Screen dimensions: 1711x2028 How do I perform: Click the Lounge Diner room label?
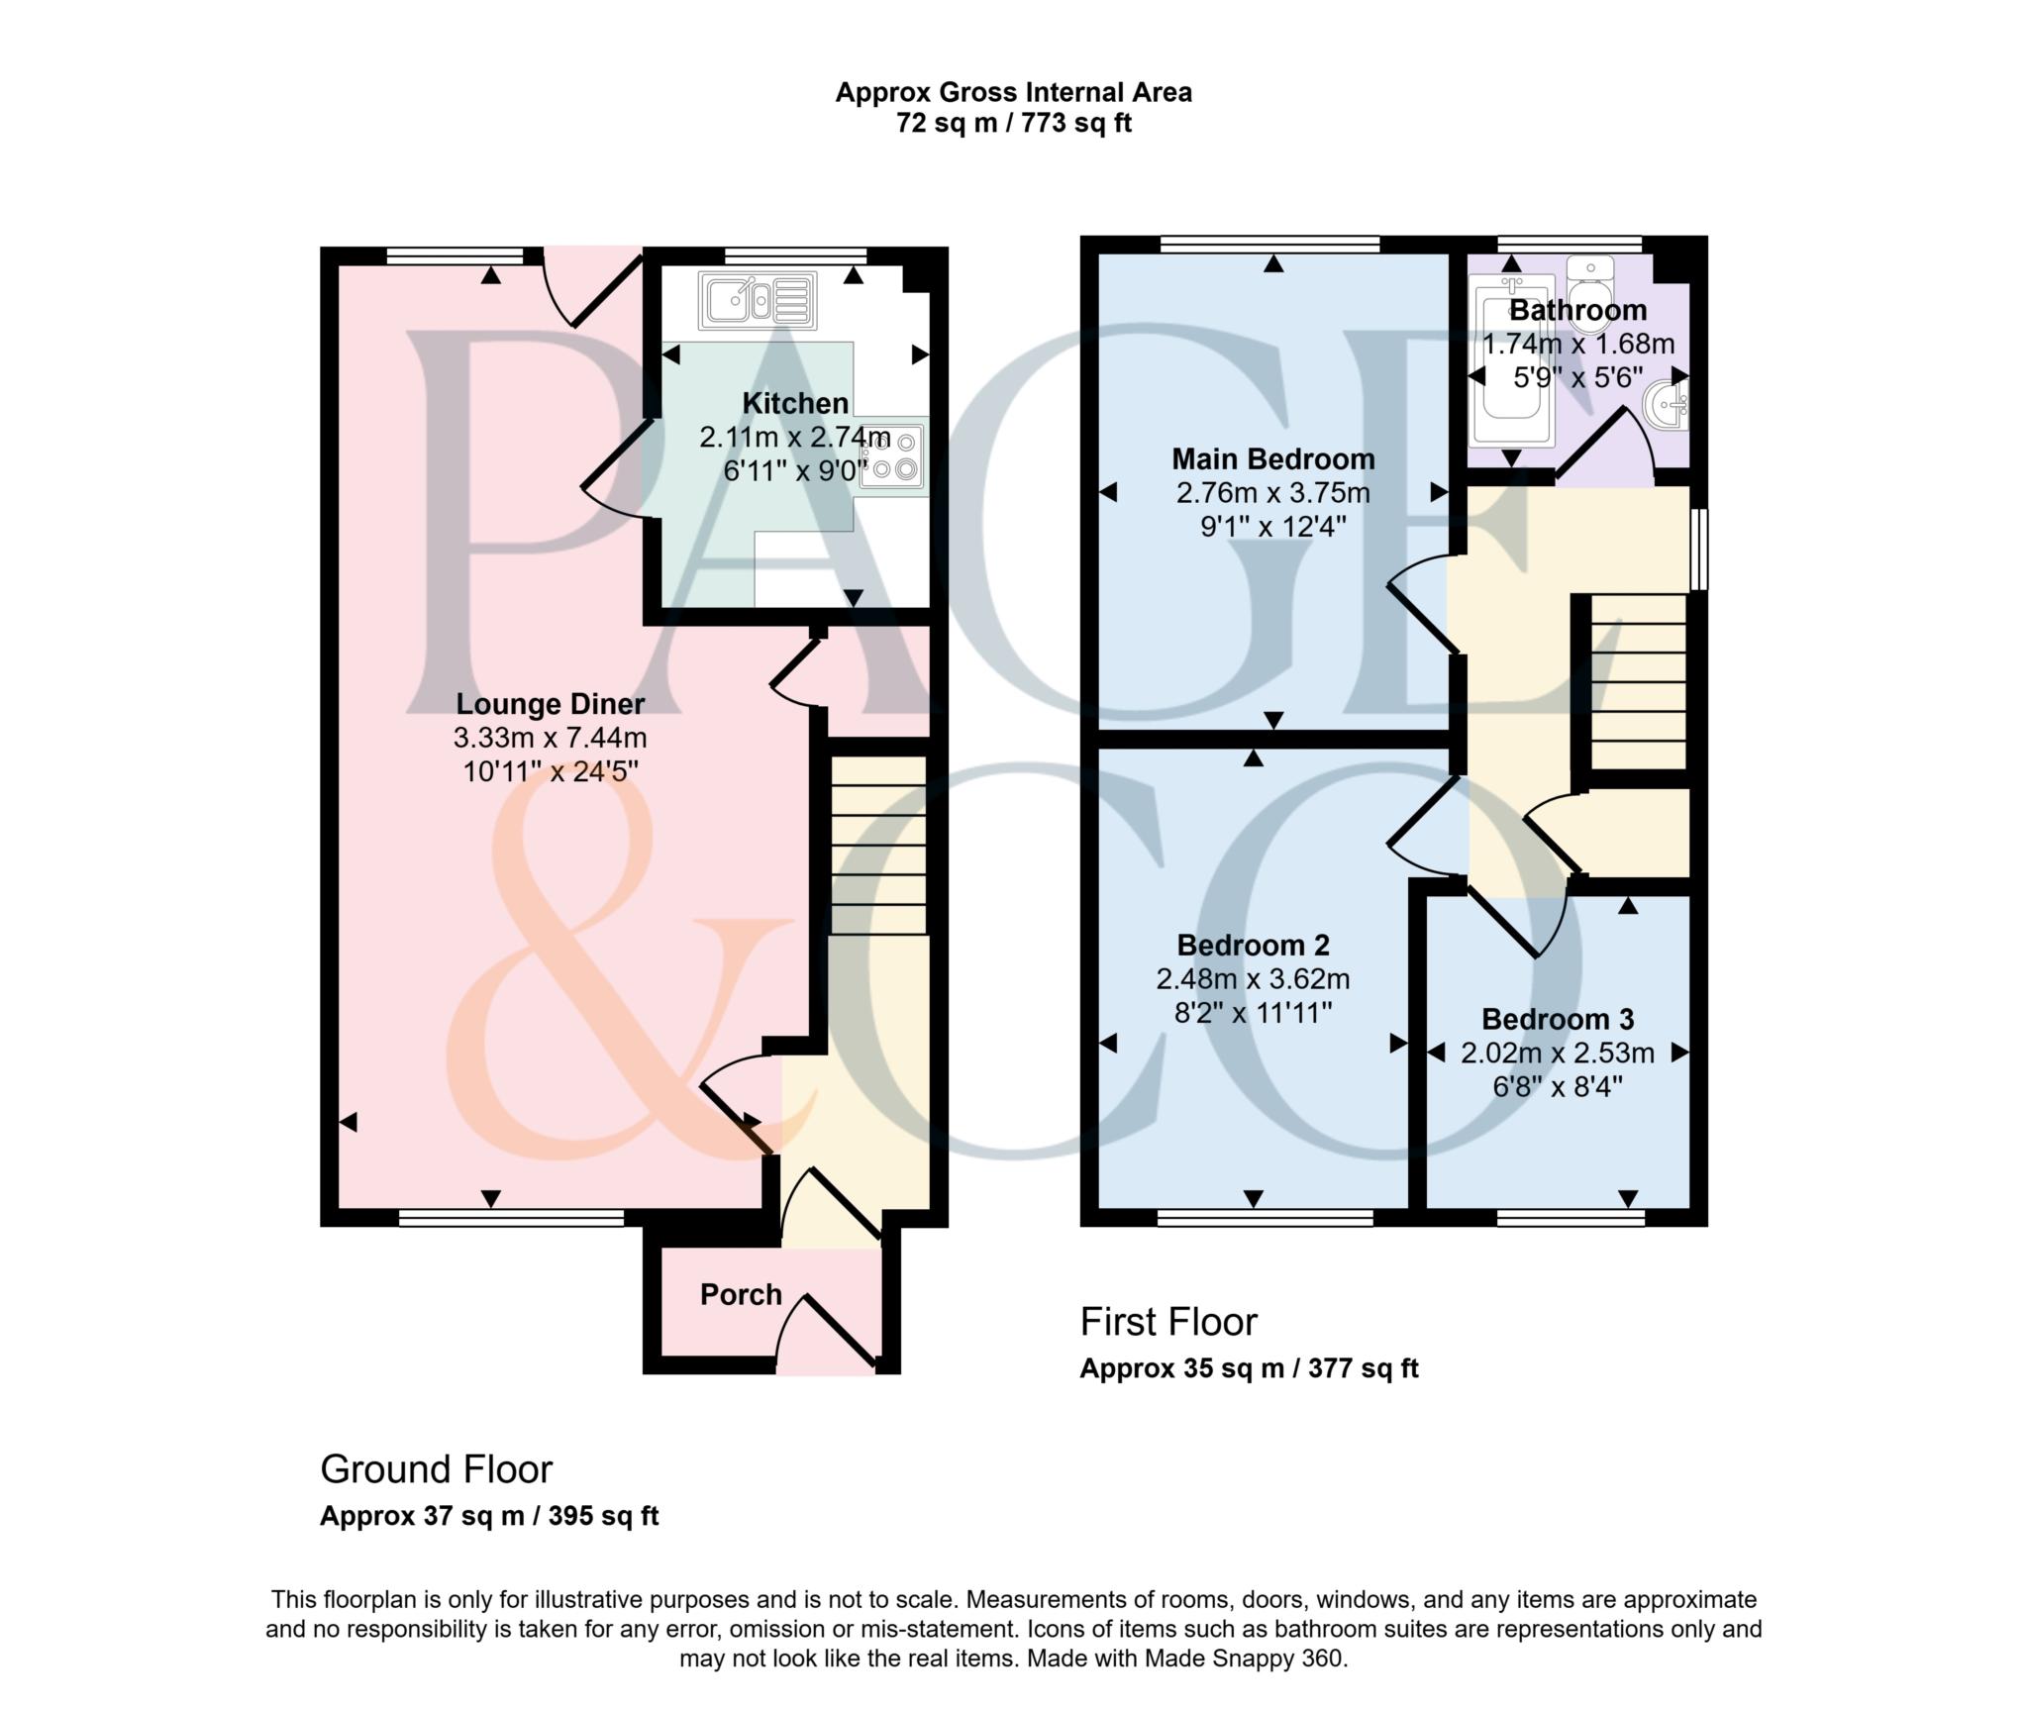[x=550, y=704]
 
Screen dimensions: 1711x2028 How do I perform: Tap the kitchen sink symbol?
[x=758, y=300]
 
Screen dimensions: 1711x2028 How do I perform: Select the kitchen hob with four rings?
[x=893, y=456]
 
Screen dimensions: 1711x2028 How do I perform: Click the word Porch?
[x=741, y=1294]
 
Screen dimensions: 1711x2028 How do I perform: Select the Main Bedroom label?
[x=1272, y=459]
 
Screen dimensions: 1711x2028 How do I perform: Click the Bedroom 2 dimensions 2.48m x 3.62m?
[x=1253, y=979]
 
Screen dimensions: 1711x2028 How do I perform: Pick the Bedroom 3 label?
[x=1557, y=1019]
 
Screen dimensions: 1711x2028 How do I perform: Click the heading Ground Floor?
[x=436, y=1469]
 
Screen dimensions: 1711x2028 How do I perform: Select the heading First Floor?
[x=1168, y=1322]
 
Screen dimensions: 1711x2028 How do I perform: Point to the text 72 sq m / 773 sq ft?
[x=1013, y=124]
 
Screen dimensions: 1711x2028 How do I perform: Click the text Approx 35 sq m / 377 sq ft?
[x=1249, y=1369]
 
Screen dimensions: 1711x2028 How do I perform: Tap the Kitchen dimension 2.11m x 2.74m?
[x=795, y=437]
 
